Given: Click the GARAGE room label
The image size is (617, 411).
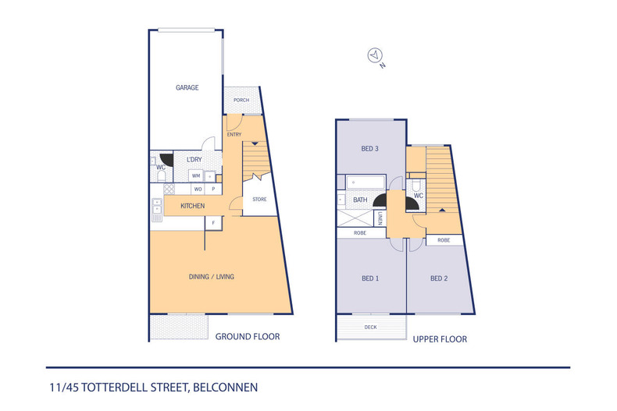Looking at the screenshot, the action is tap(187, 87).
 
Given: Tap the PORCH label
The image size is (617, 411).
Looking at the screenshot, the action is tap(241, 100).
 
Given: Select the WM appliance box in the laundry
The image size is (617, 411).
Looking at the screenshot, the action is tap(196, 175).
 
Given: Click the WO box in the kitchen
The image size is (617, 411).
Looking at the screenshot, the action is tap(198, 189).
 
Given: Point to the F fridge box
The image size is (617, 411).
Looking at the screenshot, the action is tap(214, 223).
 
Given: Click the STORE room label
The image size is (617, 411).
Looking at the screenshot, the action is tap(259, 199).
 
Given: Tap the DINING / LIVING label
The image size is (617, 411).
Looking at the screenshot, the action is tap(212, 277).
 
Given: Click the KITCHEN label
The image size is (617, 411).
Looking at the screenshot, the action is tap(192, 206).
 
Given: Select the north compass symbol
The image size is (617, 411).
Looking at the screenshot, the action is tap(375, 55).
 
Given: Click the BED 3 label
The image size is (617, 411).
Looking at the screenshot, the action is tap(370, 148).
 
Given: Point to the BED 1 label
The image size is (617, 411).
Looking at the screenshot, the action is tap(370, 278).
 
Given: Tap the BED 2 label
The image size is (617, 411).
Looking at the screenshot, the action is tap(439, 278).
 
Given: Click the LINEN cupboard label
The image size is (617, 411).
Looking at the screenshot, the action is tap(380, 218).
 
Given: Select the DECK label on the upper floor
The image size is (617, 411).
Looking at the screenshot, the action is tap(371, 327).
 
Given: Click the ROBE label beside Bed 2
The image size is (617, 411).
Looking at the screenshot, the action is tap(444, 240).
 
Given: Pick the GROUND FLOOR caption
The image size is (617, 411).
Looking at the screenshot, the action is tap(248, 336).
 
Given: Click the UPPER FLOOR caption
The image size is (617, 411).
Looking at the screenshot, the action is tap(440, 339).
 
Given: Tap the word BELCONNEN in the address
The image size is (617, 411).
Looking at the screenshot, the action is tap(226, 388).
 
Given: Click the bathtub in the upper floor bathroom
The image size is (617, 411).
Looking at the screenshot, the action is tap(366, 182).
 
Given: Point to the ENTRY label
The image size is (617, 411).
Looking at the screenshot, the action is tap(234, 134).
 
